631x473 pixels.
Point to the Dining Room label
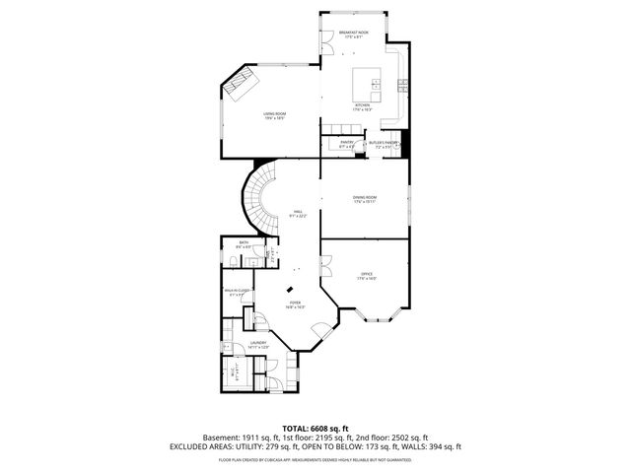click(365, 200)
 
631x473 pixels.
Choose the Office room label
click(367, 277)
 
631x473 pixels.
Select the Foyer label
click(296, 305)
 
